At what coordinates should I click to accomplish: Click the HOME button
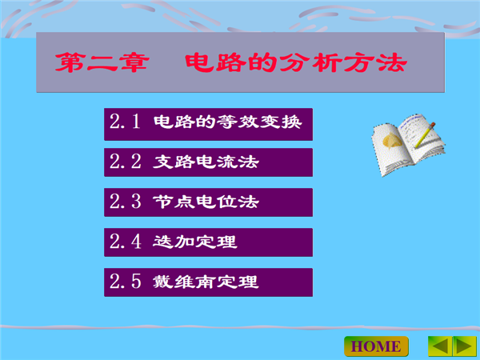pyautogui.click(x=376, y=346)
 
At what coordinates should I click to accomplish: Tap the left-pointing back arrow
pyautogui.click(x=440, y=346)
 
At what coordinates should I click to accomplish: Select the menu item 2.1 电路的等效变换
pyautogui.click(x=208, y=124)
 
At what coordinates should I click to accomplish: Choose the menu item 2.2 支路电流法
pyautogui.click(x=208, y=162)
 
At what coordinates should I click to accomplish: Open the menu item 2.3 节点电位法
pyautogui.click(x=208, y=202)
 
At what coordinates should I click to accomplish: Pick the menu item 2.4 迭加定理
pyautogui.click(x=208, y=242)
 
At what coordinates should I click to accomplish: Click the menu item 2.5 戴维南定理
pyautogui.click(x=208, y=282)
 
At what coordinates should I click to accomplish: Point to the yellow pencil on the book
pyautogui.click(x=425, y=135)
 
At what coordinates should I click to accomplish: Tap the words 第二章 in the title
pyautogui.click(x=102, y=62)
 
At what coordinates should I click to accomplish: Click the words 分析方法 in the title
pyautogui.click(x=343, y=62)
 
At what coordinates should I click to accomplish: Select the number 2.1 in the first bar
pyautogui.click(x=125, y=122)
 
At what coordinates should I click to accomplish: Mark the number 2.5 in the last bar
pyautogui.click(x=126, y=281)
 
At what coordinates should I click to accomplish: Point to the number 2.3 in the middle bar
pyautogui.click(x=126, y=201)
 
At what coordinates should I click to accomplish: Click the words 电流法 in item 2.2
pyautogui.click(x=227, y=162)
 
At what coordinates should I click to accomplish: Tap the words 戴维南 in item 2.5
pyautogui.click(x=185, y=282)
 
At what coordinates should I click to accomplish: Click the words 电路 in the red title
pyautogui.click(x=215, y=62)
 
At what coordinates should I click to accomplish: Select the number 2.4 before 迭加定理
pyautogui.click(x=126, y=242)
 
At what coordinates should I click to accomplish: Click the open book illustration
pyautogui.click(x=408, y=145)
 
